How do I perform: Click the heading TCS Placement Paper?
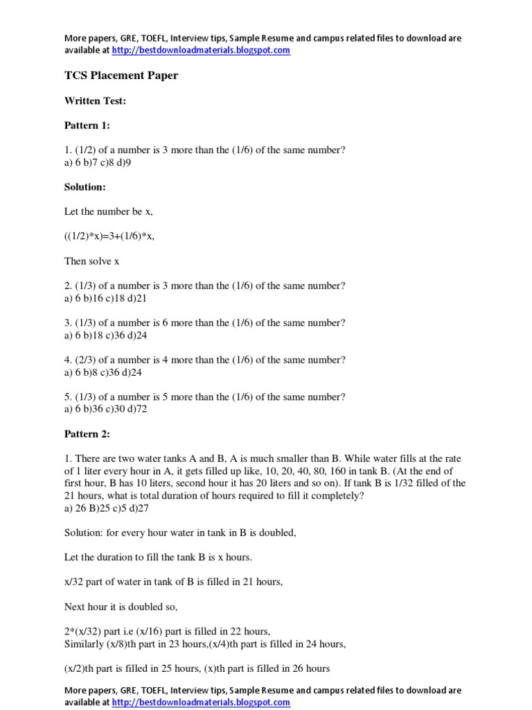(x=121, y=76)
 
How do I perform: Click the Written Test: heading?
(x=95, y=101)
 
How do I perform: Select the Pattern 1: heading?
(x=87, y=125)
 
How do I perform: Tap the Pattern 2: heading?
(x=87, y=434)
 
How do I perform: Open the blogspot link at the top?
(x=201, y=50)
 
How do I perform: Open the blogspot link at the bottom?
(x=201, y=702)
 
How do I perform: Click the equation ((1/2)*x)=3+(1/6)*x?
(x=109, y=236)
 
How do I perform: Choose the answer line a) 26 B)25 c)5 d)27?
(x=107, y=508)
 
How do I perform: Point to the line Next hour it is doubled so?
(x=121, y=607)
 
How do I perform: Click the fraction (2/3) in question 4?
(x=87, y=360)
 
